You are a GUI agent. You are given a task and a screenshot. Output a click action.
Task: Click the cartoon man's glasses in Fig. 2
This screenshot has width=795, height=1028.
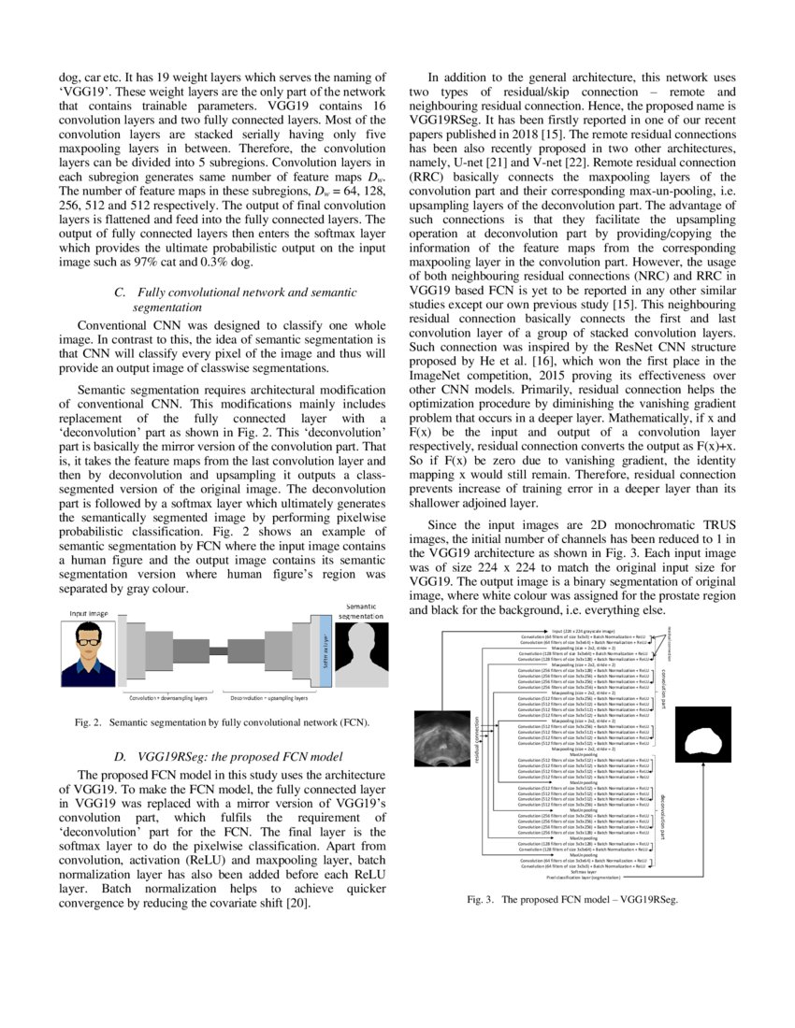(89, 641)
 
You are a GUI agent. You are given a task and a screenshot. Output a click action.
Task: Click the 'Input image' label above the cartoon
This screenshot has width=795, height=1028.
(89, 613)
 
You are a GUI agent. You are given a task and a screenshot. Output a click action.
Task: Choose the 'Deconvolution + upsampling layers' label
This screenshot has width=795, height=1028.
(268, 698)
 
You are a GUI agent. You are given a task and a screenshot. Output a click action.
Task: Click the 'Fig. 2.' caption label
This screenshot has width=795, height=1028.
(87, 722)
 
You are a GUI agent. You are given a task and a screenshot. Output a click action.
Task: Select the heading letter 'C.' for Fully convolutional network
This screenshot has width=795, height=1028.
(120, 293)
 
